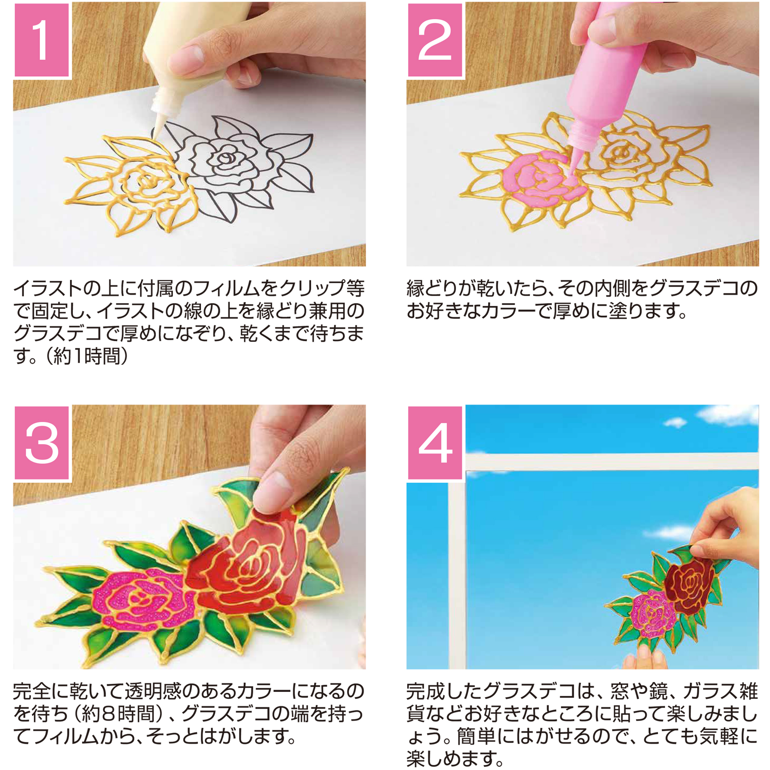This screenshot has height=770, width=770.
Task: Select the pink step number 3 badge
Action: tap(42, 443)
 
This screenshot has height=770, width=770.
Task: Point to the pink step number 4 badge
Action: tap(435, 443)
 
